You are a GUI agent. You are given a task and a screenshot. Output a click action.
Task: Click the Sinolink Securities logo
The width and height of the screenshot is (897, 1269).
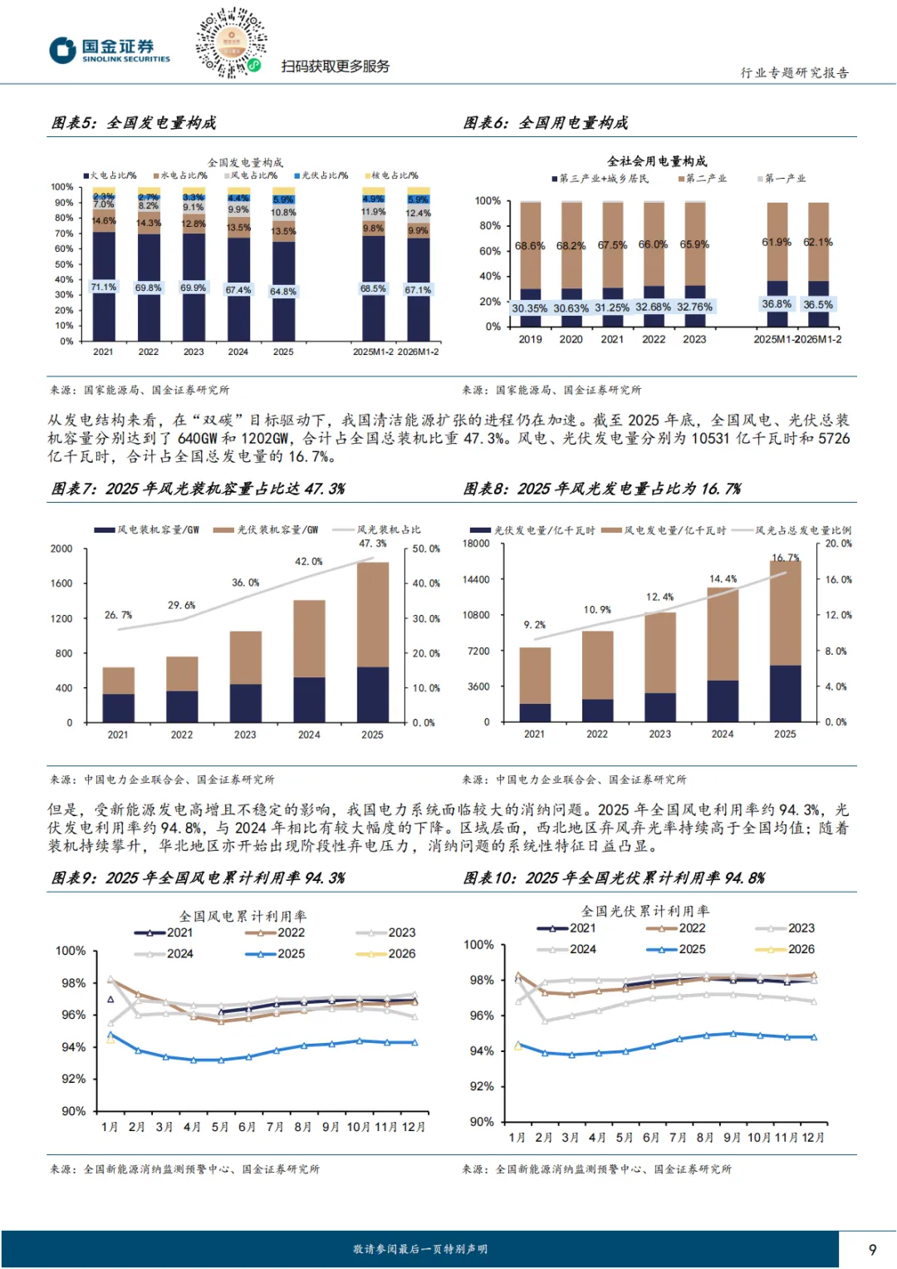pos(109,50)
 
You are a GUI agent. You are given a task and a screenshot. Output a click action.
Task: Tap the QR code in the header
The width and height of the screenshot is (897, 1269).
pos(231,42)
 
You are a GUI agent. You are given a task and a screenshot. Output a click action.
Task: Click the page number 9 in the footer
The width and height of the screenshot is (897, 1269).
pos(872,1249)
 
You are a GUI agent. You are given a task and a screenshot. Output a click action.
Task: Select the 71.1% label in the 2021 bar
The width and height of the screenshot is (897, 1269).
pos(103,287)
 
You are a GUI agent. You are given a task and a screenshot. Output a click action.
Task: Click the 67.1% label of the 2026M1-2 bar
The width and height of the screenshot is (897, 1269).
pos(418,290)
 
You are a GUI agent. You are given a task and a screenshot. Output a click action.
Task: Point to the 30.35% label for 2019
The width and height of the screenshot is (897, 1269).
pos(529,308)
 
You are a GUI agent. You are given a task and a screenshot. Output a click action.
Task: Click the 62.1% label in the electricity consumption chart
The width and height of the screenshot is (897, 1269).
pos(817,243)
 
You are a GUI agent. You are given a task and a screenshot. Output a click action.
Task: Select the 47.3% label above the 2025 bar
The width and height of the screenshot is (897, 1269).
pos(372,544)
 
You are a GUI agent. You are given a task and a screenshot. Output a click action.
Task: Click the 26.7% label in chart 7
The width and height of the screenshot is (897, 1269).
pos(118,615)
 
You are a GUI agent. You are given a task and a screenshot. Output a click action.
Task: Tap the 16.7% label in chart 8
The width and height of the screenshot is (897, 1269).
pos(785,558)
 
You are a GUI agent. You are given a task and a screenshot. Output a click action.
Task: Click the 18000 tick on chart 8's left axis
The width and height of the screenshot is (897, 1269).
pos(476,544)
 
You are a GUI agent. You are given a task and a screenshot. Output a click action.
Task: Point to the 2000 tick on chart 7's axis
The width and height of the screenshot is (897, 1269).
pos(61,548)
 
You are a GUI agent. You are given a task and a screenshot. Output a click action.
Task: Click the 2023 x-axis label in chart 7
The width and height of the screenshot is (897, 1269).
pos(245,735)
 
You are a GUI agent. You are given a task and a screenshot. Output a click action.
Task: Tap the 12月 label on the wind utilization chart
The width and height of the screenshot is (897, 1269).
pos(413,1127)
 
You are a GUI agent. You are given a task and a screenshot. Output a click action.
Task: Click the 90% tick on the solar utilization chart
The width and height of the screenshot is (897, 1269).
pos(482,1122)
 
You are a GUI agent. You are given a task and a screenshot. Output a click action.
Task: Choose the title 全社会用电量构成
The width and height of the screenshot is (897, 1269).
pos(657,161)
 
